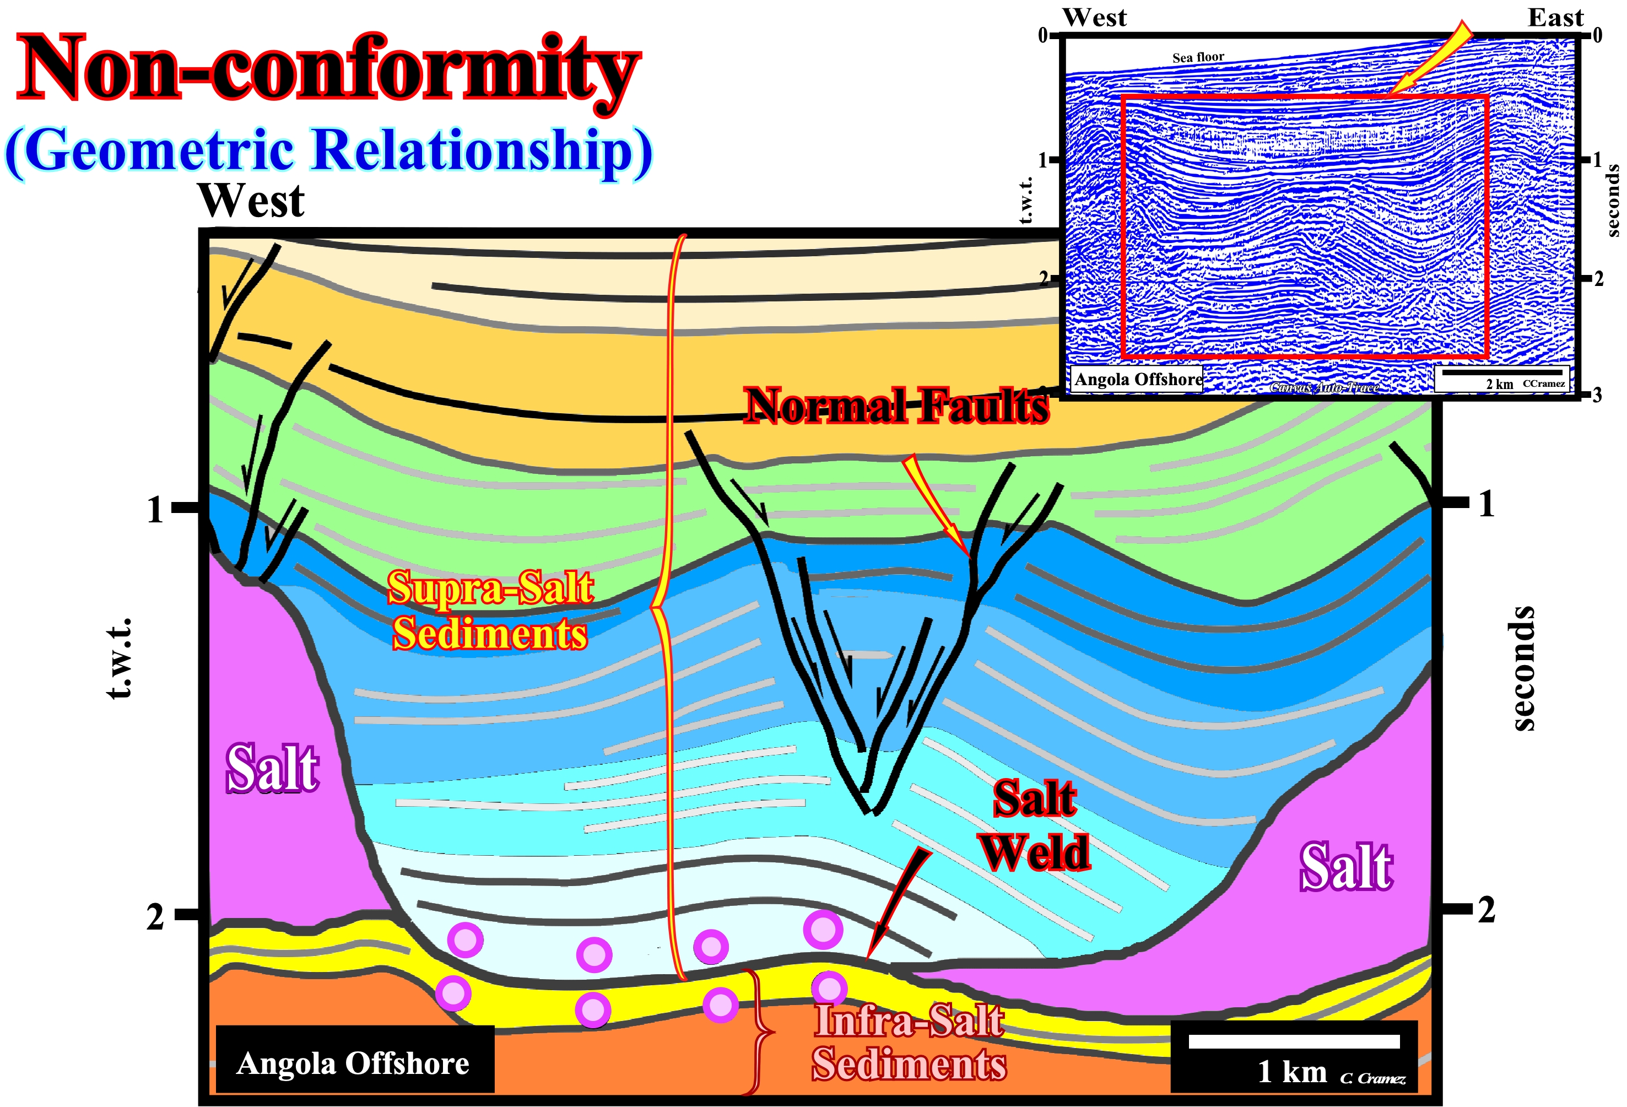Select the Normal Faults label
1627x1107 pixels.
click(896, 406)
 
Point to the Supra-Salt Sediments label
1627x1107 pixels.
click(490, 610)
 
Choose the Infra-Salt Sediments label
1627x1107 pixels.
click(909, 1042)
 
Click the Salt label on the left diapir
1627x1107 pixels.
click(272, 768)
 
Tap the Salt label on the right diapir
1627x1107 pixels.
click(1346, 867)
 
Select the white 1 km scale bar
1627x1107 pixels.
click(1294, 1041)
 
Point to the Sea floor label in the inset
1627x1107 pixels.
click(1198, 57)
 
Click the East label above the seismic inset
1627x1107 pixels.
click(1555, 18)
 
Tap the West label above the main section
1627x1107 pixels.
click(251, 201)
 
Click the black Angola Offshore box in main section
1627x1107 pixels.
click(355, 1059)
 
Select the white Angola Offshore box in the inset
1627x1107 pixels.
click(1138, 379)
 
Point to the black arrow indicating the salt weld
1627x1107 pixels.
click(898, 903)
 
